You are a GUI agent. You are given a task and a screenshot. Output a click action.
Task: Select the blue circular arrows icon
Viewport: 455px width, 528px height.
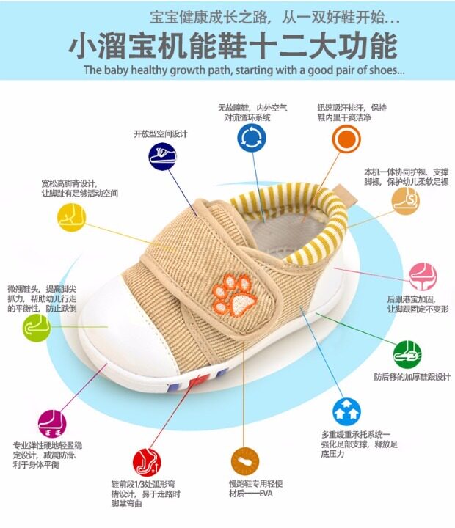252,138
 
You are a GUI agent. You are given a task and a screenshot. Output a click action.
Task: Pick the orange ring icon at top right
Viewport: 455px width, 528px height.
346,138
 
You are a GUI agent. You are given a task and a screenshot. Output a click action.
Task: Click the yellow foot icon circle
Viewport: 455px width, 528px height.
72,216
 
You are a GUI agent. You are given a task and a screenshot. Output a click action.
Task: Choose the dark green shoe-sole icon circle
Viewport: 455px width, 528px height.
407,354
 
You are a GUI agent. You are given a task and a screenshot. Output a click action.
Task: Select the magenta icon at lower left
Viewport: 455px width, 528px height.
52,423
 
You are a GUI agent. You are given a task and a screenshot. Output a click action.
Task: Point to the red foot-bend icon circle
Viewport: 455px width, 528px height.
147,462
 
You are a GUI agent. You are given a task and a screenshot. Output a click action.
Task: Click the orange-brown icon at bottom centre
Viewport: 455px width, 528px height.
245,461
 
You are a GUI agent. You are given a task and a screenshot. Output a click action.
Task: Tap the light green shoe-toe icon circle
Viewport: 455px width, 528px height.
37,328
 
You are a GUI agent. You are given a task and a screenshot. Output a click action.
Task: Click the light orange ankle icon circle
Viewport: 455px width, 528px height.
405,199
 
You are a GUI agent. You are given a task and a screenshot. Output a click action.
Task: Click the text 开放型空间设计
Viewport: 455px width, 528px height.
161,134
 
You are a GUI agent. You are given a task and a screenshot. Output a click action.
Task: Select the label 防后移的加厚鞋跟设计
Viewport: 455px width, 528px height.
412,378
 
